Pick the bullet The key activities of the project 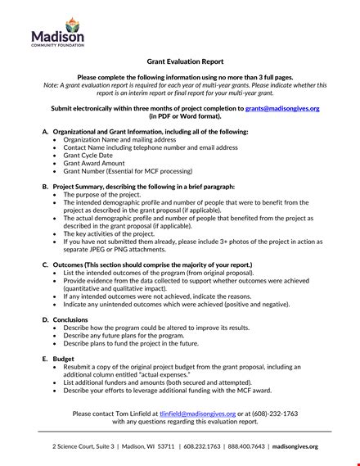[119, 233]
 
